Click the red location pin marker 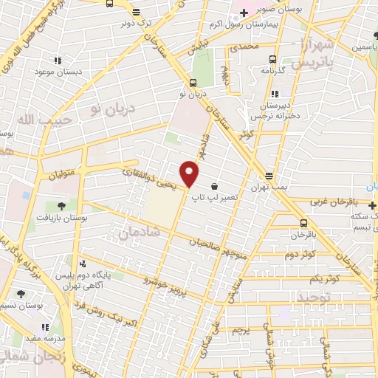tap(190, 173)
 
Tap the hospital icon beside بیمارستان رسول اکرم tap(244, 13)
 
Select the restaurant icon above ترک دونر tap(135, 12)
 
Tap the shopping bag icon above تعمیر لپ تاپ tap(214, 186)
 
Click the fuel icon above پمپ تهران tap(269, 176)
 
